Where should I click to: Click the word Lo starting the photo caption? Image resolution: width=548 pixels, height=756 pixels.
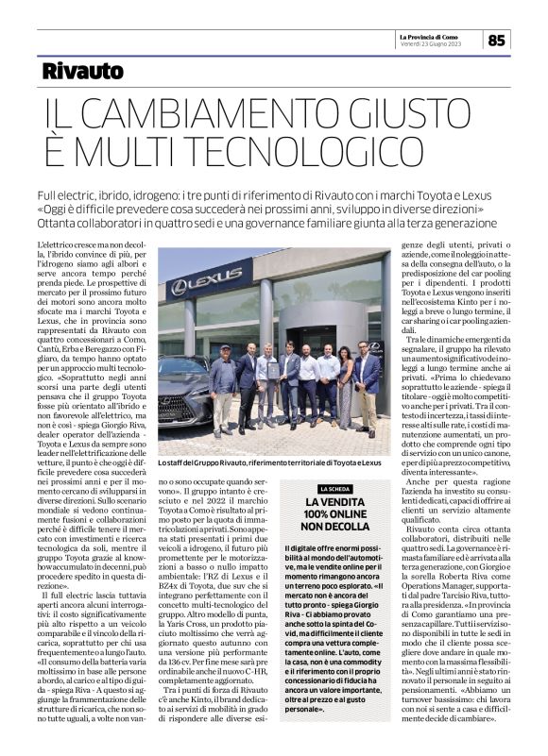[x=163, y=462]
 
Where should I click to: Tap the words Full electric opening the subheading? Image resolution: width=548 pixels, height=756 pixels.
[x=66, y=193]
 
